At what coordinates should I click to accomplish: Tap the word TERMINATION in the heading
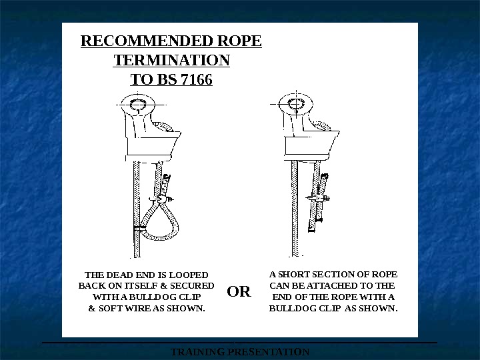click(x=171, y=60)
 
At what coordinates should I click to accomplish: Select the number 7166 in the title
click(x=197, y=79)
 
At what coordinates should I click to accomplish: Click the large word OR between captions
click(x=239, y=291)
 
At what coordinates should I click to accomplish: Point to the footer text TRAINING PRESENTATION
click(x=240, y=352)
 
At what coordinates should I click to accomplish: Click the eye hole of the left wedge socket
click(x=138, y=105)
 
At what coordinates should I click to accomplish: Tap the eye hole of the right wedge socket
click(x=296, y=104)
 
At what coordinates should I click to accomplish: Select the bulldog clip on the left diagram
click(x=161, y=199)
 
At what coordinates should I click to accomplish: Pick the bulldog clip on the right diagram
click(x=319, y=199)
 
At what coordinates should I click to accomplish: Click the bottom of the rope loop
click(x=159, y=237)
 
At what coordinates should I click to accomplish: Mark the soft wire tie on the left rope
click(x=139, y=228)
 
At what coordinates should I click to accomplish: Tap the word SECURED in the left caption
click(x=192, y=286)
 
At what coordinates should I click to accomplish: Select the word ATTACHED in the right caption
click(x=332, y=286)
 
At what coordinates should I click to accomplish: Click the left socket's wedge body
click(x=151, y=144)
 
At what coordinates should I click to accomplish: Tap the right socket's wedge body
click(x=311, y=145)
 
